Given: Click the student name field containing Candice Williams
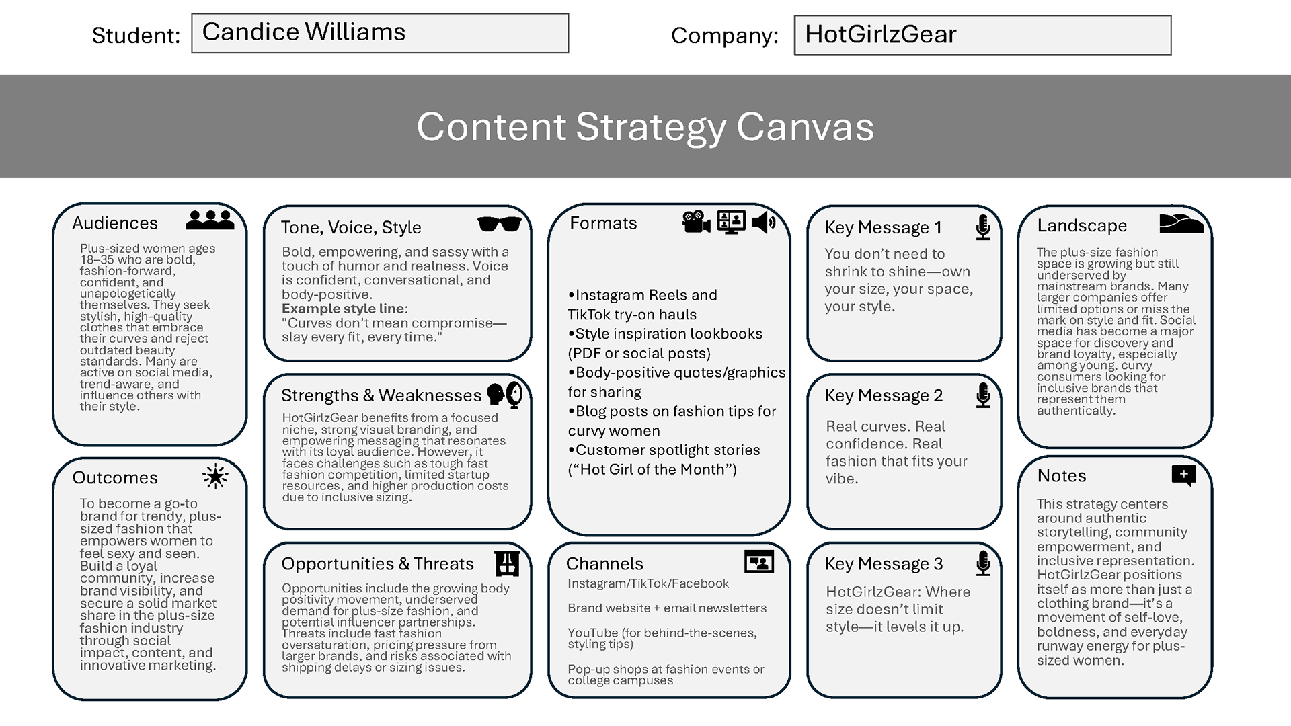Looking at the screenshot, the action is point(380,33).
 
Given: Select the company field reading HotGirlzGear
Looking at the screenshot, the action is point(982,35).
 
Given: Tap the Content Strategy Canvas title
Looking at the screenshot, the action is point(645,126).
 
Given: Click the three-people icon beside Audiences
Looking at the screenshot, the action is point(210,220).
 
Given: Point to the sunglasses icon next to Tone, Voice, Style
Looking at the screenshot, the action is point(499,225).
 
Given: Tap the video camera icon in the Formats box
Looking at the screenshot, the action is point(696,222).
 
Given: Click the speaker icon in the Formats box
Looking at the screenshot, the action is point(764,222).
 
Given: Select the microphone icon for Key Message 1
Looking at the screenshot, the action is point(983,228).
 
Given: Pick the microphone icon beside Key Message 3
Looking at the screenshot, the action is point(983,563).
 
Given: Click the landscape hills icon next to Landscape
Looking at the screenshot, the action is point(1181,224).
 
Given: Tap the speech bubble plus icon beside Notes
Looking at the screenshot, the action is point(1183,475).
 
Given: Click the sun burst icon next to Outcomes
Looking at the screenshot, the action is point(215,477).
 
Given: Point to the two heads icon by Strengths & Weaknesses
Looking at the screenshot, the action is point(505,395).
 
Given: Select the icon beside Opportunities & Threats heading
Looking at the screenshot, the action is point(507,563).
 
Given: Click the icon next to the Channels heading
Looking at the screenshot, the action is point(759,562).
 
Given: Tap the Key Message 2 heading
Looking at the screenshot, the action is point(884,395).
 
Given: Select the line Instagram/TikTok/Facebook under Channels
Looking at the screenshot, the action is point(648,583).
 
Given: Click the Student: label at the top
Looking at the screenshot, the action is point(136,35).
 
